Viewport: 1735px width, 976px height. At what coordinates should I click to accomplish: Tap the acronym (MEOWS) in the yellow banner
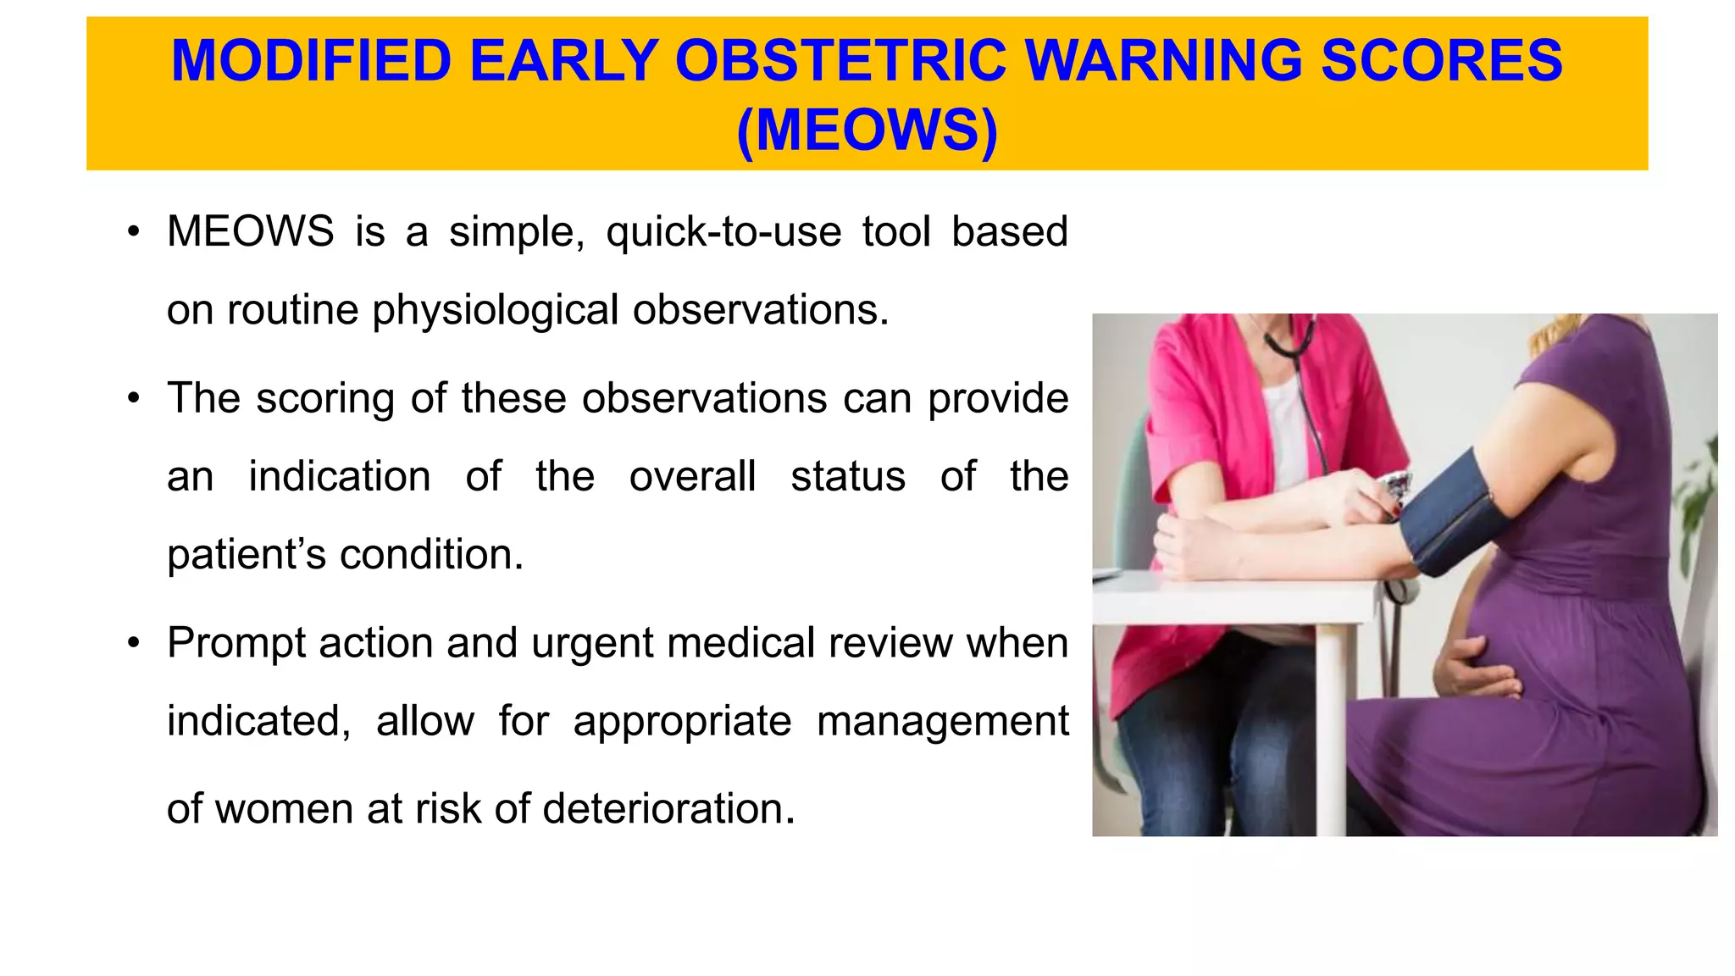pos(867,130)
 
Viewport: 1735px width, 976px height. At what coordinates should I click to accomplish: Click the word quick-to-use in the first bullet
pos(723,232)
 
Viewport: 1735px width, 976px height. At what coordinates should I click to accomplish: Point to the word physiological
pos(496,310)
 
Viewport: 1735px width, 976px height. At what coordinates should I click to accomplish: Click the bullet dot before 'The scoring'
pos(133,399)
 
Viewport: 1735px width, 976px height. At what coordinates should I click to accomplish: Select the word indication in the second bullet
pos(339,476)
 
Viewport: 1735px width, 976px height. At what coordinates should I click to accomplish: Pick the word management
pos(942,722)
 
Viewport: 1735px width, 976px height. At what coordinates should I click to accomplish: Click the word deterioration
pos(668,809)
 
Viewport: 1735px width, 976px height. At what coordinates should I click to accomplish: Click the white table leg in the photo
pos(1331,729)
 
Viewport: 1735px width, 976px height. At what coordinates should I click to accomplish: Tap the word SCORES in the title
pos(1441,61)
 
